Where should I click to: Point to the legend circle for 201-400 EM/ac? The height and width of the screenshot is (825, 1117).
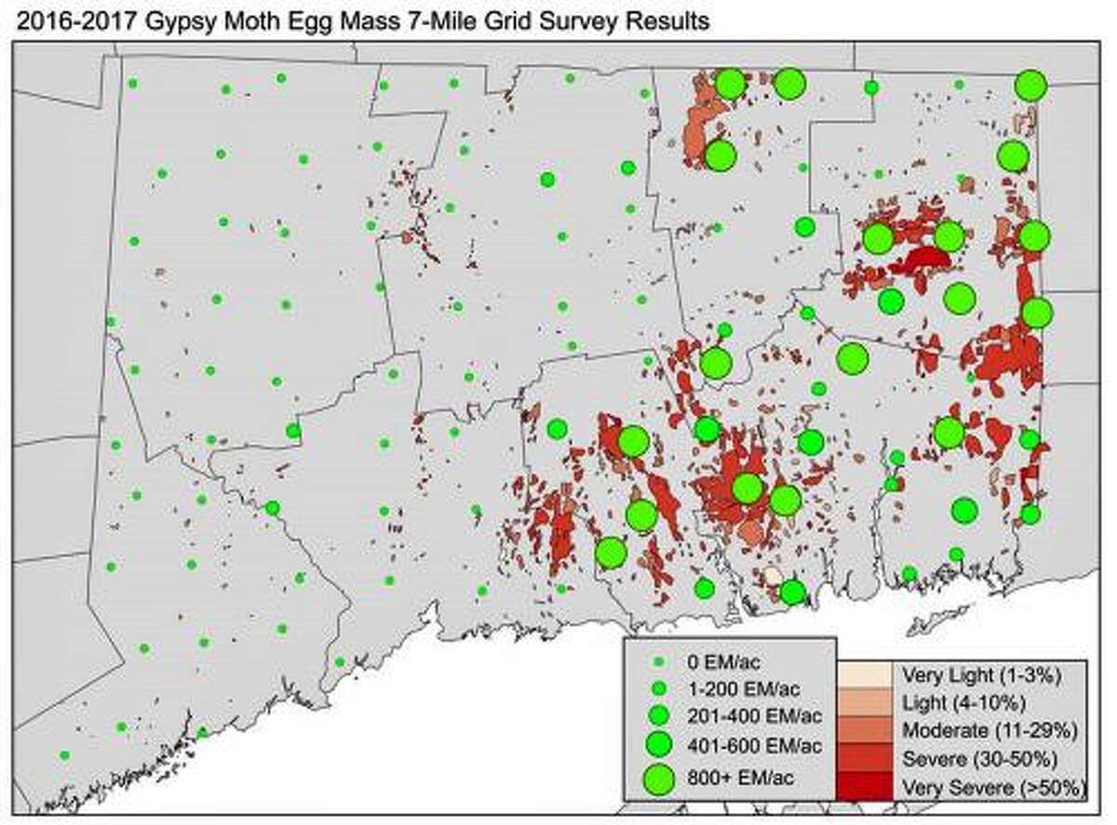click(x=660, y=716)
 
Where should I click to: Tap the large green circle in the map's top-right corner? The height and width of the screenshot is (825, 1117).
click(x=1030, y=86)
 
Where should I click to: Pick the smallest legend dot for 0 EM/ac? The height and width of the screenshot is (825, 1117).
click(x=660, y=662)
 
